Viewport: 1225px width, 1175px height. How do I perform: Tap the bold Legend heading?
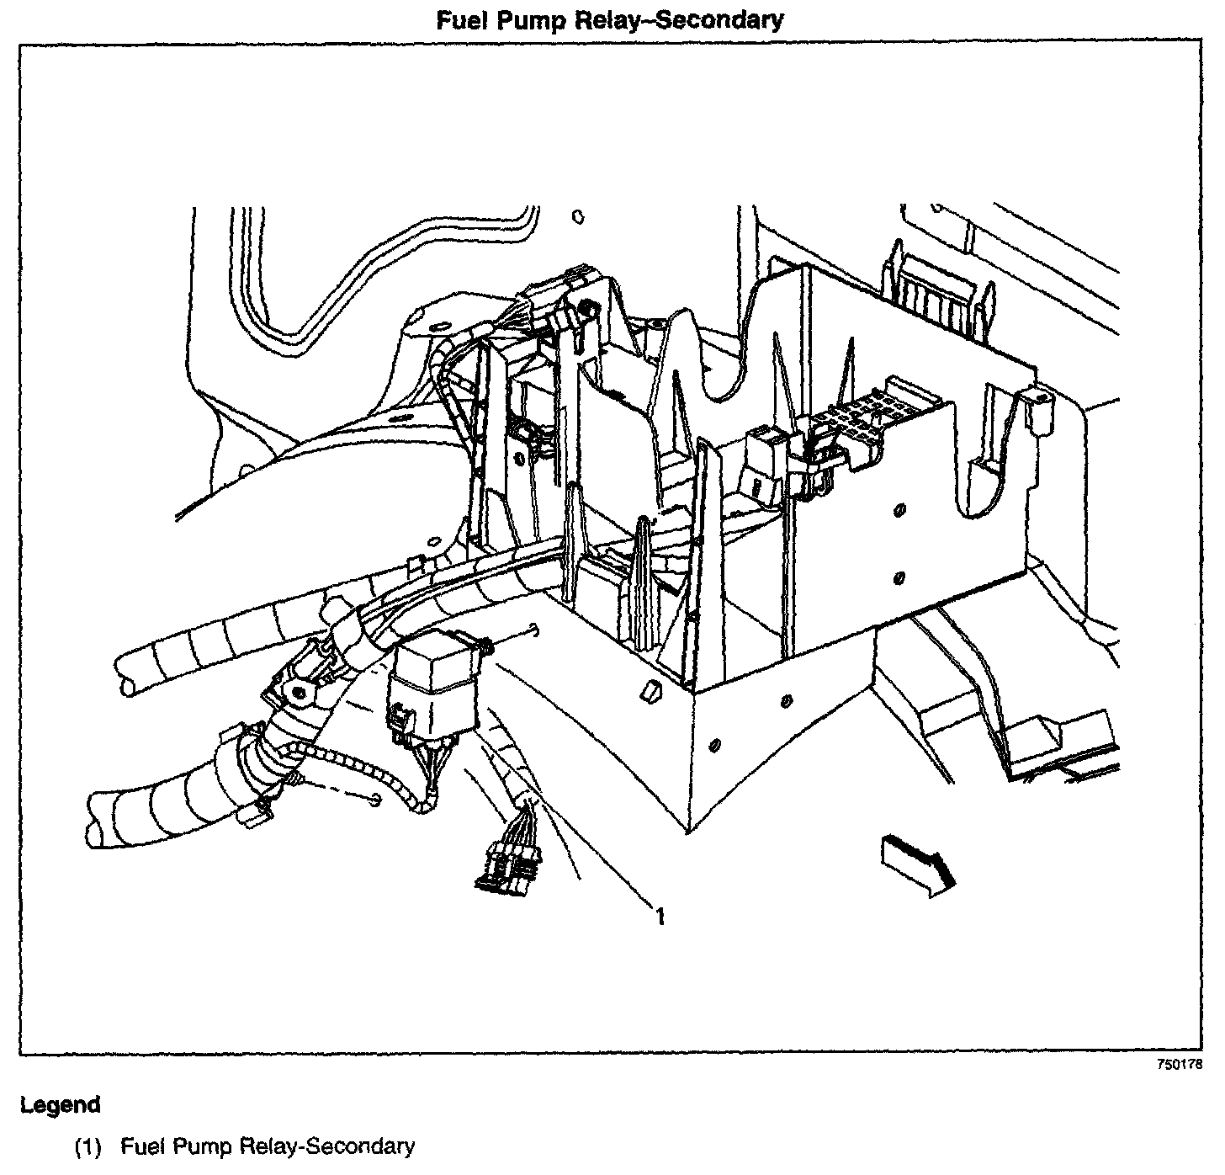click(x=60, y=1104)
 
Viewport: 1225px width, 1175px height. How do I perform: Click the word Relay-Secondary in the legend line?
click(x=327, y=1146)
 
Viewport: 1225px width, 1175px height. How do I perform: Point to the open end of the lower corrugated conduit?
click(x=94, y=819)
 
